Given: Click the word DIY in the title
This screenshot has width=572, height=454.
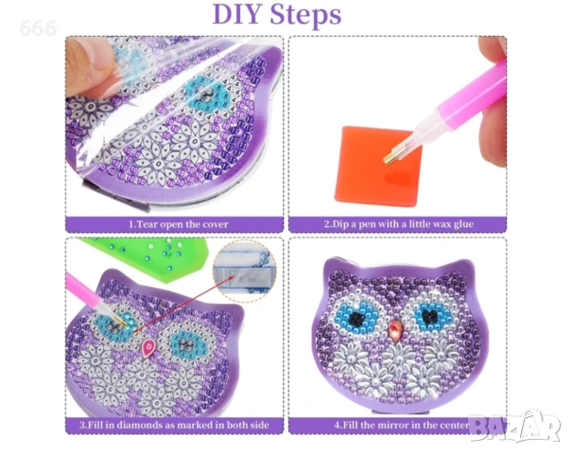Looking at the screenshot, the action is tap(236, 15).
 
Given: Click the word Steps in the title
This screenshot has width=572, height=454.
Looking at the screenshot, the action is tap(305, 16).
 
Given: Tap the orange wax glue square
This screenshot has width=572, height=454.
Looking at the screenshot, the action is tap(376, 166).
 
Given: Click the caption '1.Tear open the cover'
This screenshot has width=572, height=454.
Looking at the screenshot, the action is tap(179, 224).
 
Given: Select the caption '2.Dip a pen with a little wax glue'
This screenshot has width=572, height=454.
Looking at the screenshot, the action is tap(399, 224).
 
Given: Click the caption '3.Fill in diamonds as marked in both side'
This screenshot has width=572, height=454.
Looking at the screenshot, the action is tap(174, 425).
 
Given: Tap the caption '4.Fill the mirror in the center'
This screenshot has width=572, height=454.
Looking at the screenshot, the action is tap(402, 425).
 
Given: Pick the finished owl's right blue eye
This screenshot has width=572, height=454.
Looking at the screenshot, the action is tap(431, 315).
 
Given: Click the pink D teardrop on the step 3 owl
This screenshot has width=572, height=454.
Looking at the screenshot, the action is tap(148, 347).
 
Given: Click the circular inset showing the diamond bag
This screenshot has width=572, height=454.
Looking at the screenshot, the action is tap(245, 271).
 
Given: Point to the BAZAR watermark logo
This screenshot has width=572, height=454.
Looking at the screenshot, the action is tap(514, 426).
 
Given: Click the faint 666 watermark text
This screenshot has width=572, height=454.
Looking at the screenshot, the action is tap(38, 28).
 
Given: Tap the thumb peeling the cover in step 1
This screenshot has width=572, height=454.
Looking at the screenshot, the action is tap(91, 65).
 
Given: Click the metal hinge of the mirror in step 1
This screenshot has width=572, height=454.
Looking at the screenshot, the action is tap(116, 195).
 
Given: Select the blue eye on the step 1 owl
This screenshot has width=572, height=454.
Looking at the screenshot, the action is tap(205, 95).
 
